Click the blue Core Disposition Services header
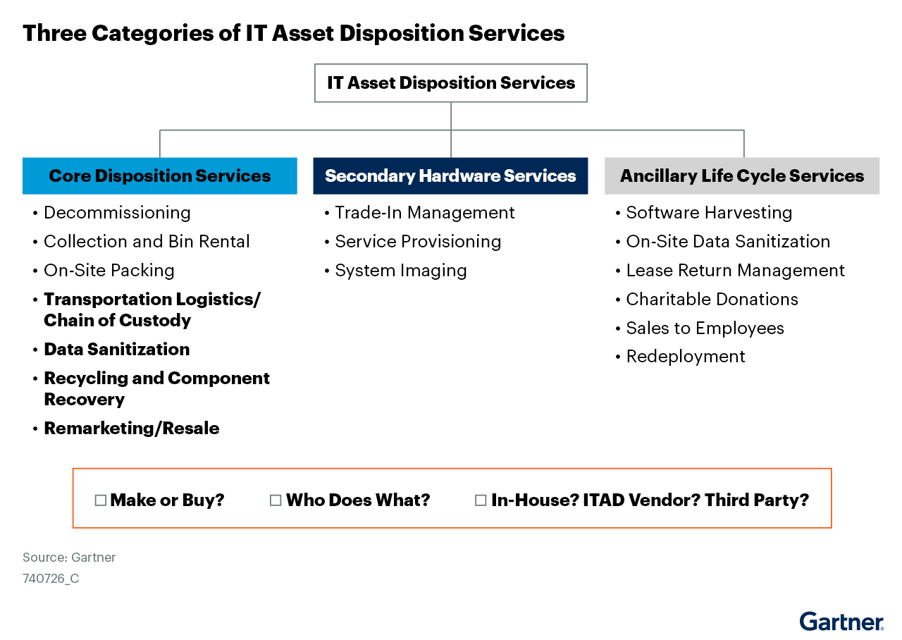(160, 176)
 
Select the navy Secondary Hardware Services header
(450, 176)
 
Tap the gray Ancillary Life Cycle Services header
(742, 176)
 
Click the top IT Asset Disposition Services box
(451, 83)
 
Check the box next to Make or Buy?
(100, 500)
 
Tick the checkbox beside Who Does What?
(276, 500)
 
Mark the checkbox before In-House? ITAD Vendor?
(481, 500)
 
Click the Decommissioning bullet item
(117, 213)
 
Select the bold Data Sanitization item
(117, 349)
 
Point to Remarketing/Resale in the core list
(132, 428)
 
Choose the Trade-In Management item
(425, 213)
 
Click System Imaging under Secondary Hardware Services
(401, 271)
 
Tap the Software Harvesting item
(709, 213)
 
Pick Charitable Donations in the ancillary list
(712, 300)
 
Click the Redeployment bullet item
(686, 357)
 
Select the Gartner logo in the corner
(841, 622)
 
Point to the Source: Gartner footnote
(69, 558)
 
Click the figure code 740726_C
(51, 579)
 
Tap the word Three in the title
(54, 33)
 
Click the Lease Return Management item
(735, 271)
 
